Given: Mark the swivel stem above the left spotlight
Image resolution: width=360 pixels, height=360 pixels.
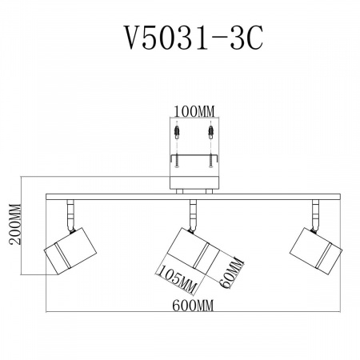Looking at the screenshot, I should (68, 212).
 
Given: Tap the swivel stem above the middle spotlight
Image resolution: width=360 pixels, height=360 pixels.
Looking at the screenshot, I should (192, 212).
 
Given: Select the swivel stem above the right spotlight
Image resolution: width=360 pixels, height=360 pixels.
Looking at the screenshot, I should (315, 212).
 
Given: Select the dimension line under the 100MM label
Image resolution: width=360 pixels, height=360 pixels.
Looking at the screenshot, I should (193, 118).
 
